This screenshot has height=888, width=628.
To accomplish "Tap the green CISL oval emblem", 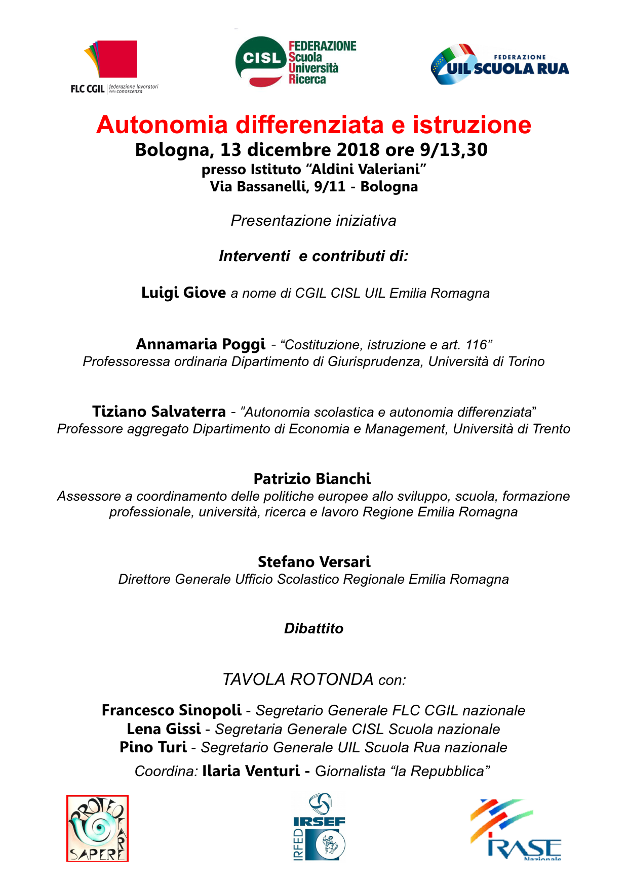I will tap(261, 60).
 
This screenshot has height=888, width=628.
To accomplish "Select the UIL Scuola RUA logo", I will tap(500, 65).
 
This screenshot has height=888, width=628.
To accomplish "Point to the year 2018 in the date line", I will tap(358, 150).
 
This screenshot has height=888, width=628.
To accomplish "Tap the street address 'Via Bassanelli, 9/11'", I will tap(278, 187).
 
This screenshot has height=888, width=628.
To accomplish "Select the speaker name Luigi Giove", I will tap(183, 293).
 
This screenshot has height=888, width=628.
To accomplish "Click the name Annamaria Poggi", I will tap(201, 344).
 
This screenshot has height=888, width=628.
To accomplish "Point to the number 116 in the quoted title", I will tap(476, 345).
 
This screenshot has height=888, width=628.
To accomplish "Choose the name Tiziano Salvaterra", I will tap(159, 412).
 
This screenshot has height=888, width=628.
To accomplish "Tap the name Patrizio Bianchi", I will tap(312, 479).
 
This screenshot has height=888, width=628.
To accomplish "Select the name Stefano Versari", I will tap(314, 562).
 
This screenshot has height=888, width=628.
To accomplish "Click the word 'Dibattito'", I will tap(313, 629).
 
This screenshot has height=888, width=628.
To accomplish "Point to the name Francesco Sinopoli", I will tap(171, 710).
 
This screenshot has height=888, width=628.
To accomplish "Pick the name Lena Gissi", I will tap(164, 729).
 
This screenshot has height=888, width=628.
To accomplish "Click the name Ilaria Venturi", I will tap(251, 771).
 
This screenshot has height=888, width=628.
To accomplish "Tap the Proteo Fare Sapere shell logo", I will tap(97, 828).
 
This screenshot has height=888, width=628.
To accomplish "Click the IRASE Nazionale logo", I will tap(516, 829).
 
